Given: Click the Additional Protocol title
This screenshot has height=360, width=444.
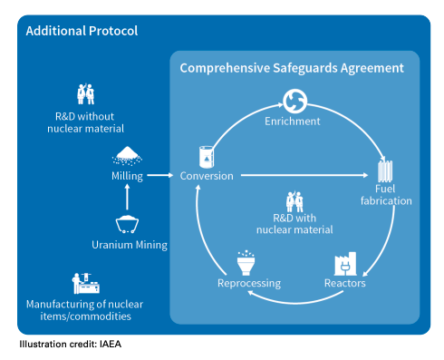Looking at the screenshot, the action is pos(82,31).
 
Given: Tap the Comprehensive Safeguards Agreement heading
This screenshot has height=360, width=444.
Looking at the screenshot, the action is pos(292,68).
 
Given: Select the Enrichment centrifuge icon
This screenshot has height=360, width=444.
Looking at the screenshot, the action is pos(294,101).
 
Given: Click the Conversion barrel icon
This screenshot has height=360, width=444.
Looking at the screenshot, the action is pos(207,157).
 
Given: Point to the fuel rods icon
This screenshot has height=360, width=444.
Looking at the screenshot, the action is pos(385,170).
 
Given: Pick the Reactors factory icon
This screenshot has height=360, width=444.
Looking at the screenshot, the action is pos(345,264).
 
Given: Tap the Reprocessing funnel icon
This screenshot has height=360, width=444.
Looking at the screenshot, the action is pos(246,263).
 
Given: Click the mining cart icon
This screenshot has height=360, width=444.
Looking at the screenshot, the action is pos(127,224).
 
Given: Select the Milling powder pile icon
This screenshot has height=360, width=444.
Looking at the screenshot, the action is pos(127,156).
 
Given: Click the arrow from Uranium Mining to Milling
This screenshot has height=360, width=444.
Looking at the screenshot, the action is pos(127,197).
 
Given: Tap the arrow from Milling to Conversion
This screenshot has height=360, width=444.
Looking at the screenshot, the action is pos(160,175).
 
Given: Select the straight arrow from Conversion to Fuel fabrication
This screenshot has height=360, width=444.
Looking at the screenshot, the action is pos(304,175).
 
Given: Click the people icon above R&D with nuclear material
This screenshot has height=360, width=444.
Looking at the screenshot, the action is pos(294,201).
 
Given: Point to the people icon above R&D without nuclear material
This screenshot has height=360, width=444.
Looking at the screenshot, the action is pos(85,94).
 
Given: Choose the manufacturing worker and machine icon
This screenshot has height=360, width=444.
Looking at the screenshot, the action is pos(86,284).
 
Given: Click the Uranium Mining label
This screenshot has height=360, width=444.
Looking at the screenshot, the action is pos(130,245).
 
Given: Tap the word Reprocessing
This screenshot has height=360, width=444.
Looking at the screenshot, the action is pos(249,284).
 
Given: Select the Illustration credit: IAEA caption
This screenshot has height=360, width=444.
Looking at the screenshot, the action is pos(71,345).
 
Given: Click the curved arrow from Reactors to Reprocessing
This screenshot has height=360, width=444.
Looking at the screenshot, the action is pos(295,302).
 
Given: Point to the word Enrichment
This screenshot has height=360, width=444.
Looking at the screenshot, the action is pos(293,122).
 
